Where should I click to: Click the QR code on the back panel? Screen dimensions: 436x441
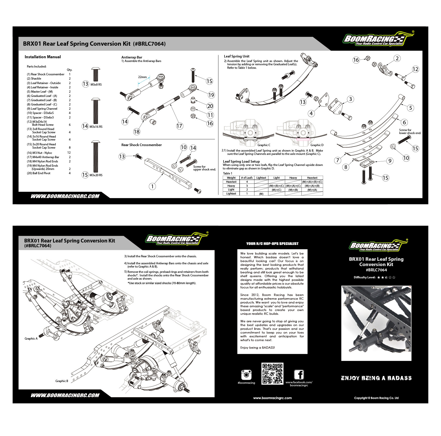click(272, 373)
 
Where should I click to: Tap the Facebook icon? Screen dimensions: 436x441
click(299, 375)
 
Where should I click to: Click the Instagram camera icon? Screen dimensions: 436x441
click(246, 375)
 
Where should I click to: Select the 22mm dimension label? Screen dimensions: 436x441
click(142, 77)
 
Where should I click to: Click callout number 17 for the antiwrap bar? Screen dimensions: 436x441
click(179, 126)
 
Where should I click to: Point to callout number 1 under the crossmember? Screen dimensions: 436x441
click(152, 186)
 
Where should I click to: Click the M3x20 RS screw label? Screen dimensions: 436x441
click(96, 175)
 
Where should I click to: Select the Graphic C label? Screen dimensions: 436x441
click(264, 145)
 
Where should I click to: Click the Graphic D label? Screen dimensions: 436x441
click(317, 145)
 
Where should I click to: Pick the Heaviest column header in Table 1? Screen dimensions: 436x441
click(312, 178)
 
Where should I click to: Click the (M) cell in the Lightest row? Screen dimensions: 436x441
click(261, 194)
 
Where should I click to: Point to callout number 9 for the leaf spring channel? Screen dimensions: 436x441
click(390, 161)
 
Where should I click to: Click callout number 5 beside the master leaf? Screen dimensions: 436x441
click(411, 108)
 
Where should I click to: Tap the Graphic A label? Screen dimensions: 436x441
click(31, 339)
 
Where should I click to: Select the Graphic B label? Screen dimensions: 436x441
click(62, 381)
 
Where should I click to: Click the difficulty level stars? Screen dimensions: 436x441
click(386, 277)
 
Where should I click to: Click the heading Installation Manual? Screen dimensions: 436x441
click(43, 57)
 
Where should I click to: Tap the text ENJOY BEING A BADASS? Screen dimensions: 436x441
click(376, 378)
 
